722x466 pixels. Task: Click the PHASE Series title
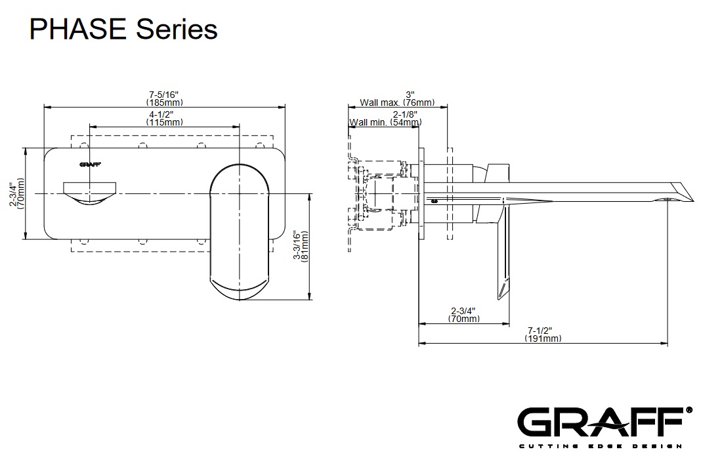pyautogui.click(x=124, y=30)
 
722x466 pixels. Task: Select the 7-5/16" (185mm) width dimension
pyautogui.click(x=165, y=99)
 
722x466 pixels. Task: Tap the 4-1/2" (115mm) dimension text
pyautogui.click(x=164, y=118)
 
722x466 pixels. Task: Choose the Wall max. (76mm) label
pyautogui.click(x=397, y=103)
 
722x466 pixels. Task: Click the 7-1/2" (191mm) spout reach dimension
pyautogui.click(x=543, y=335)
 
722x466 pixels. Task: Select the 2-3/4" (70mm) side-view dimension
pyautogui.click(x=463, y=315)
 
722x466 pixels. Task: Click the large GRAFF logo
pyautogui.click(x=601, y=422)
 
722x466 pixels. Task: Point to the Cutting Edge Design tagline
pyautogui.click(x=601, y=446)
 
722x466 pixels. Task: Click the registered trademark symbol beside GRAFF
pyautogui.click(x=688, y=410)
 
